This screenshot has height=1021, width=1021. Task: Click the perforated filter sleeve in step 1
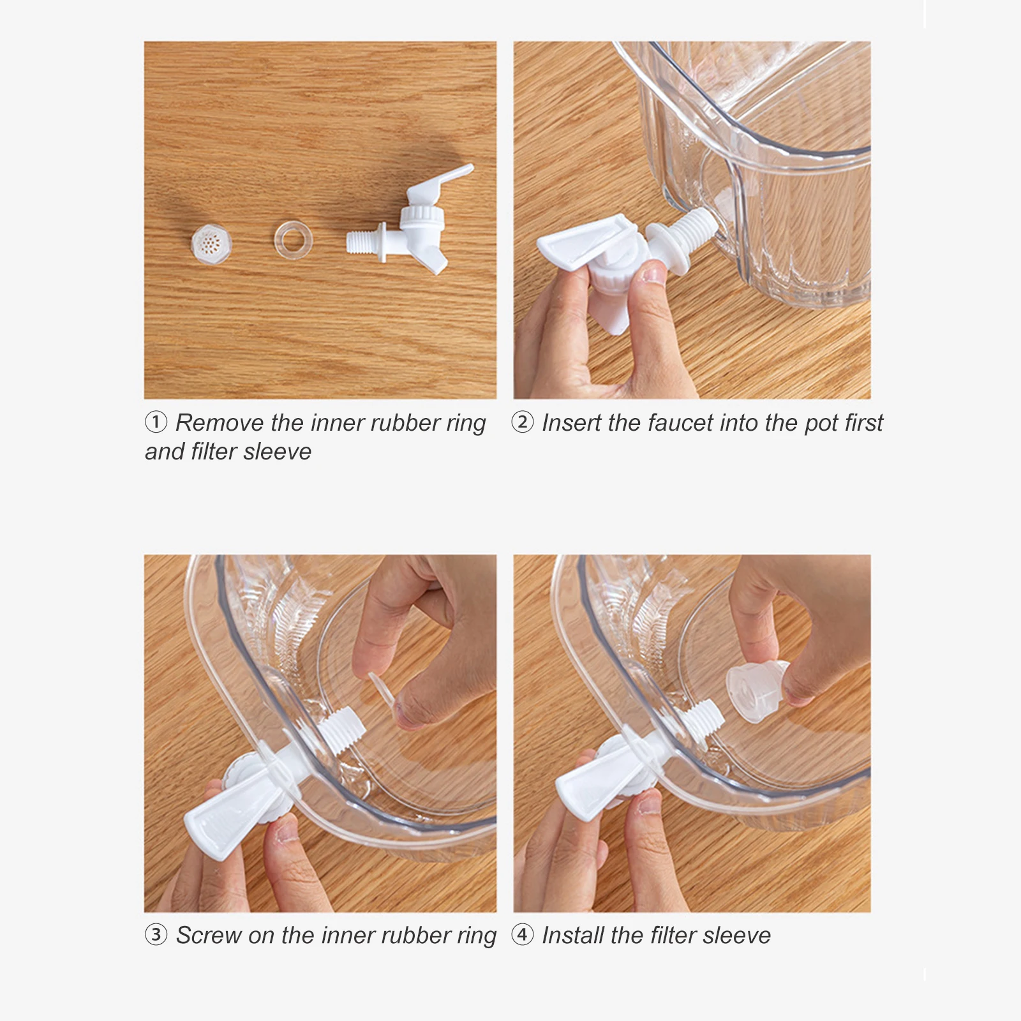coord(211,244)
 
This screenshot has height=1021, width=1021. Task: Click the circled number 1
coord(156,422)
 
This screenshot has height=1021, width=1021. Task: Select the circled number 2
coord(523,422)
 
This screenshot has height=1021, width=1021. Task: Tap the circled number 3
coord(156,935)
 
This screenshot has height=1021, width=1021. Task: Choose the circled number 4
coord(523,935)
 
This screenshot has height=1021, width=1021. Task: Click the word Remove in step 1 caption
coord(220,422)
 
